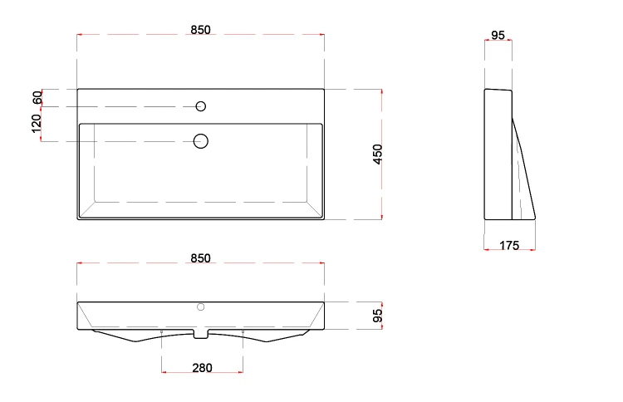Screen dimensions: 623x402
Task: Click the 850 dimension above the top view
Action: [201, 30]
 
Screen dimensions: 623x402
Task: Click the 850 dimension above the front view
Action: [201, 258]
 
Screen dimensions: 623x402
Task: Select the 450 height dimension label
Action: [378, 154]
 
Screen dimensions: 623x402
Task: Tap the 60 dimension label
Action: [37, 98]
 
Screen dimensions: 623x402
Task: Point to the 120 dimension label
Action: [37, 124]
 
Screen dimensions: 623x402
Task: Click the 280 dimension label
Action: [202, 368]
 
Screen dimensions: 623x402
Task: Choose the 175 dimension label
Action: [509, 246]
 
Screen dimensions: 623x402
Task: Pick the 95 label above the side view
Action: [498, 36]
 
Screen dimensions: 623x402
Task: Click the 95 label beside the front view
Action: [378, 316]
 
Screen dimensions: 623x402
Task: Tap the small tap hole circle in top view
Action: [201, 106]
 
